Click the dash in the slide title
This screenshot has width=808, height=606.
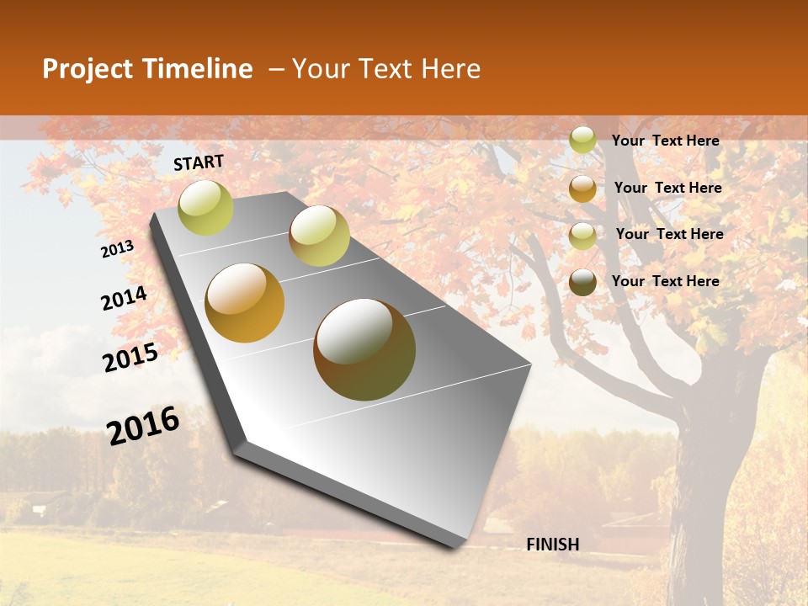pos(275,70)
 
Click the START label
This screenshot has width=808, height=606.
pos(199,162)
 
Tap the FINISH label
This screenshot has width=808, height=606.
pos(552,545)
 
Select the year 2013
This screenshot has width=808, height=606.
pos(118,249)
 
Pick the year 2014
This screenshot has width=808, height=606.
pos(124,299)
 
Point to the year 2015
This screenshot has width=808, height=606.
pos(130,358)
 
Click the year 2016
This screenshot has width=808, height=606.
pos(143,426)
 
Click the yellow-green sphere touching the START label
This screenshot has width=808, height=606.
pos(205,207)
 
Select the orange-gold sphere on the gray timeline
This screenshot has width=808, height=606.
pos(245,303)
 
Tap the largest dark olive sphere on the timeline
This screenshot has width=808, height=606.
pos(364,349)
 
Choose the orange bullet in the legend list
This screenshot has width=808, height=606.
pos(582,189)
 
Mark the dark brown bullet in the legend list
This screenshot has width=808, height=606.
pos(582,282)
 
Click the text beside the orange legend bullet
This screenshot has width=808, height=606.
pos(667,188)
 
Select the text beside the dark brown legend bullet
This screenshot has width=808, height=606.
pos(665,281)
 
